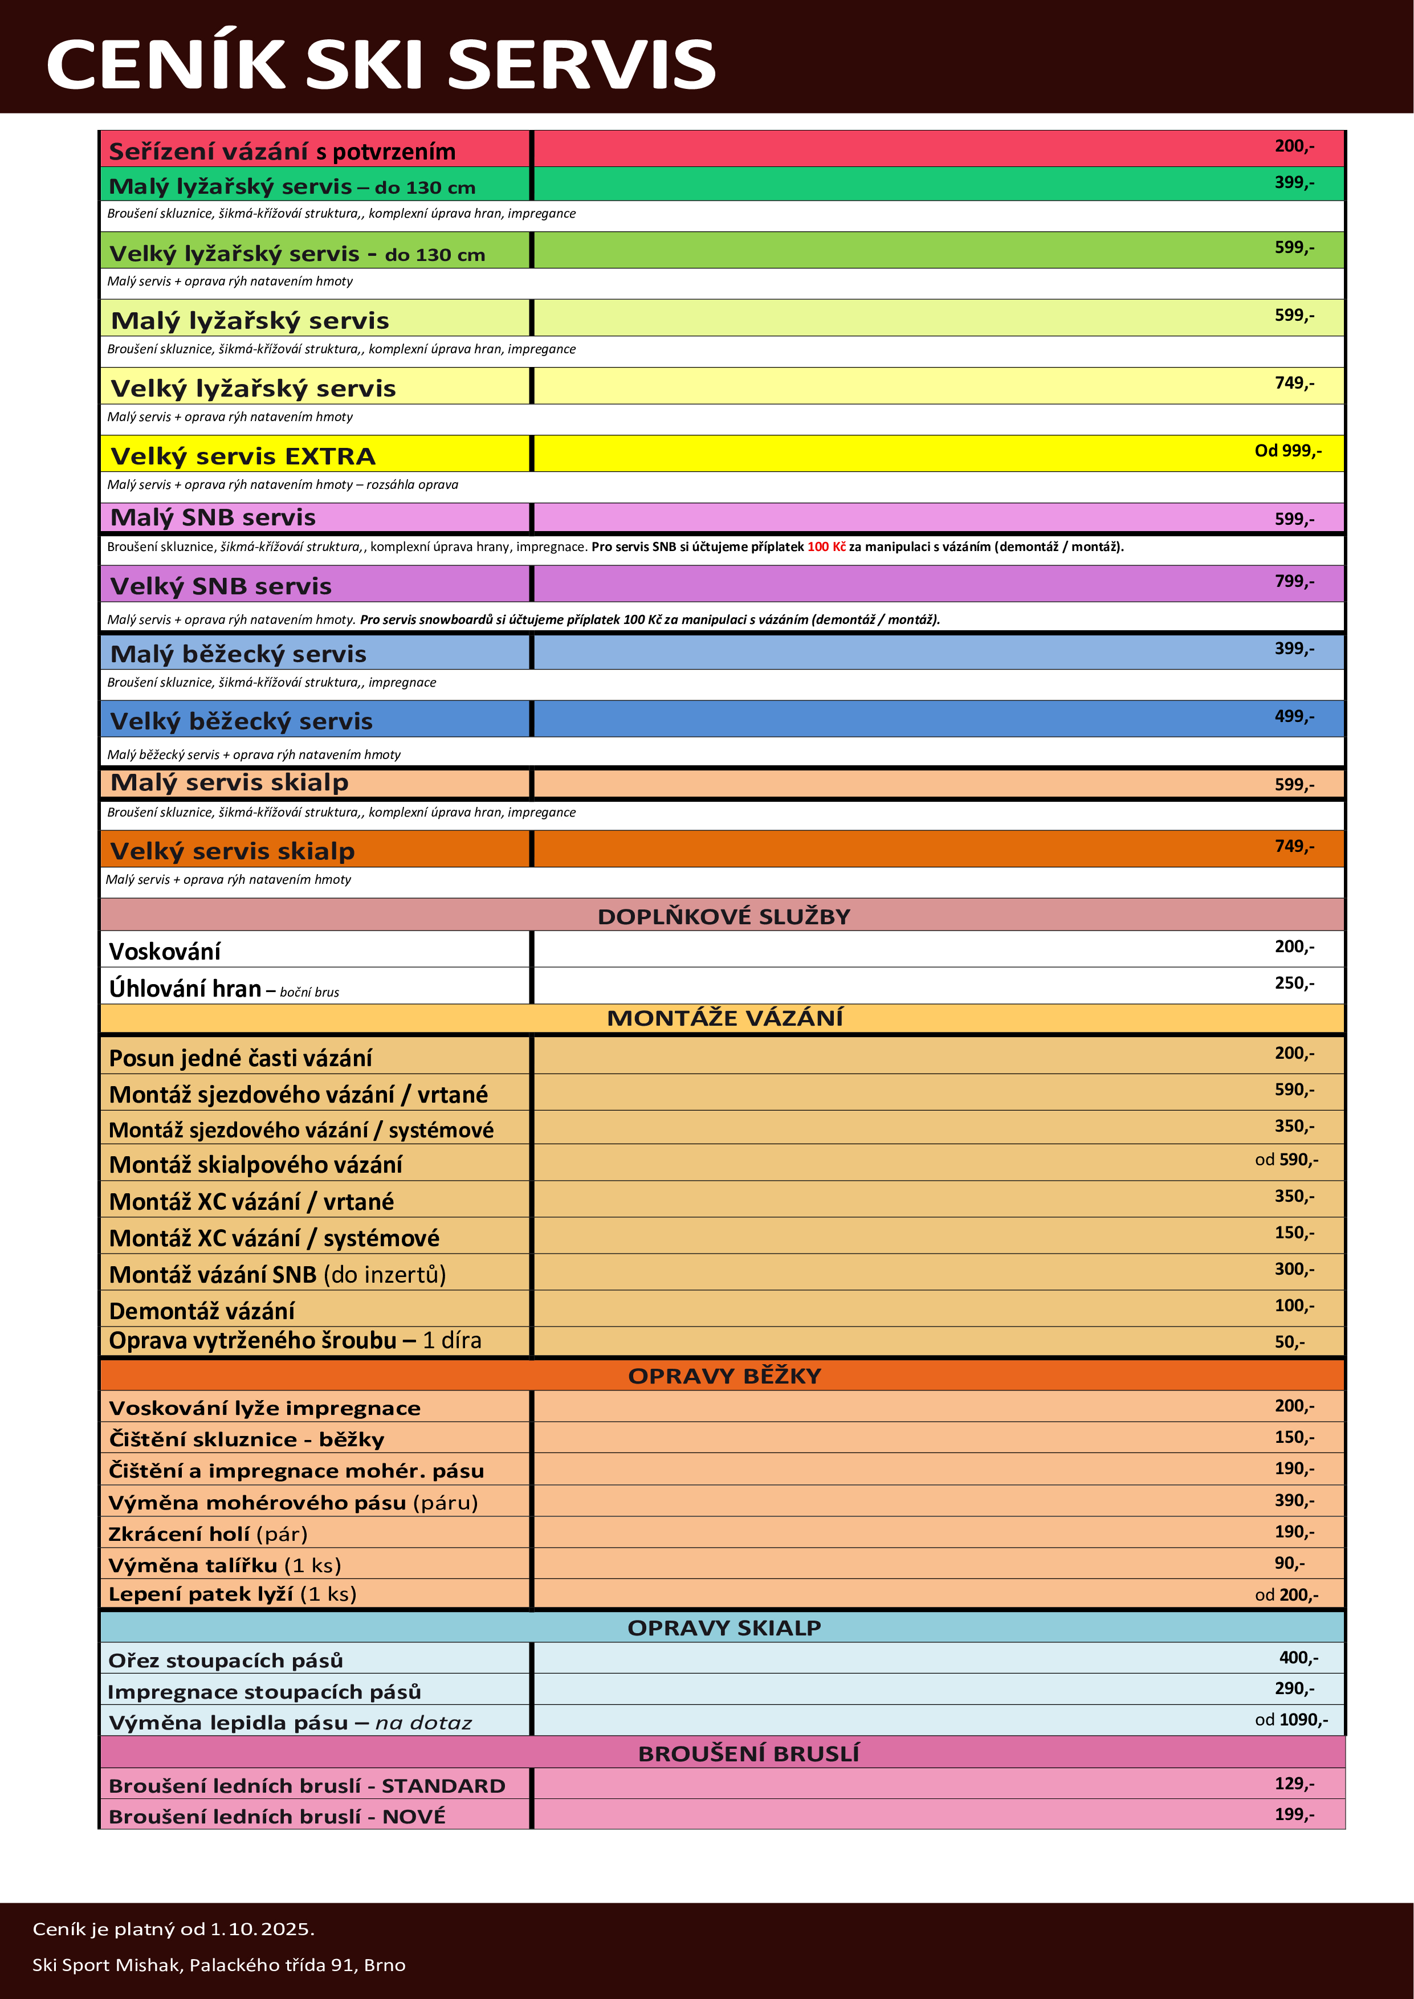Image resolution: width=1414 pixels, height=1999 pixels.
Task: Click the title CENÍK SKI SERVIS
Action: coord(381,64)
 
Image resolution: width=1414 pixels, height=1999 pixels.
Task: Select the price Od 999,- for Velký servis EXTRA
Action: coord(1287,451)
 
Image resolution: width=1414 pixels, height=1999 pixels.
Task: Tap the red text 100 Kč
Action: coord(826,547)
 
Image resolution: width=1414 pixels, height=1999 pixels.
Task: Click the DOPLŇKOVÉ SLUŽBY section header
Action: coord(724,916)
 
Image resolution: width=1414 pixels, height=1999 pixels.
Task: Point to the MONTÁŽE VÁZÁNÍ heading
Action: coord(724,1018)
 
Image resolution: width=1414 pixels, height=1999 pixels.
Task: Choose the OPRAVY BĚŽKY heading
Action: coord(724,1376)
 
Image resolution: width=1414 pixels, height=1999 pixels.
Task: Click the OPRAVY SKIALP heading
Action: coord(724,1627)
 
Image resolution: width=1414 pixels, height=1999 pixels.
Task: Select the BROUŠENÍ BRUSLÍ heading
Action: coord(748,1753)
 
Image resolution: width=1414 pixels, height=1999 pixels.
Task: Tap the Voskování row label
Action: coord(165,950)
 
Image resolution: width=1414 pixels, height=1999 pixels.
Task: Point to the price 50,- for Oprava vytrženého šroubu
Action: coord(1290,1341)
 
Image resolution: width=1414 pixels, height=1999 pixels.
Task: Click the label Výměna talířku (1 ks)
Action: coord(225,1565)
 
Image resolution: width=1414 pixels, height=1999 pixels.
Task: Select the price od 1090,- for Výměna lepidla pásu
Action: coord(1291,1720)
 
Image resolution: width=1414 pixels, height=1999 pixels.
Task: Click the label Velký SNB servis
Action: coord(221,586)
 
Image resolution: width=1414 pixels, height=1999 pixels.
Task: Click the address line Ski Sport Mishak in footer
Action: coord(218,1964)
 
